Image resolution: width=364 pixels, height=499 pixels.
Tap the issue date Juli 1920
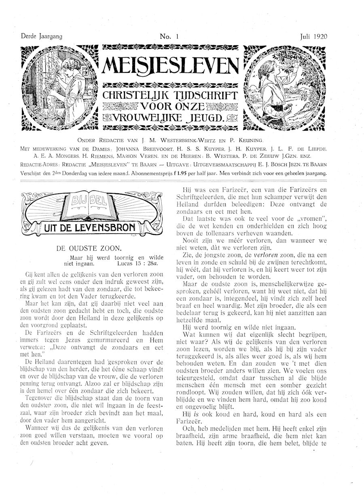coord(313,36)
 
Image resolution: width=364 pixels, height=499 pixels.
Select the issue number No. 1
coord(169,36)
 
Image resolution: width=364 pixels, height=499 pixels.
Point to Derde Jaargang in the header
coord(41,36)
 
